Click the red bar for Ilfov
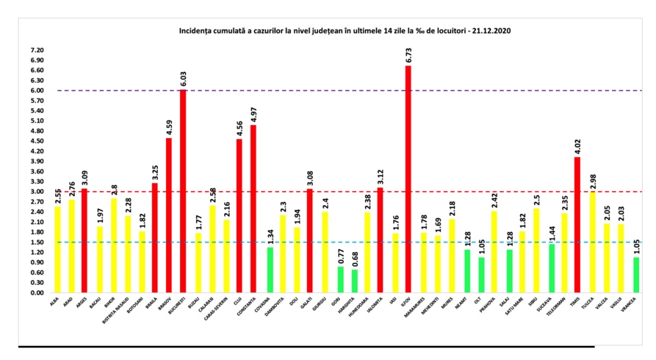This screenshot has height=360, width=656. [x=408, y=179]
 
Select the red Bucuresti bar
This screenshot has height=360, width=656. [x=183, y=191]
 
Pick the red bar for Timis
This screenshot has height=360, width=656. [x=577, y=225]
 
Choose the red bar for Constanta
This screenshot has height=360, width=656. [x=253, y=209]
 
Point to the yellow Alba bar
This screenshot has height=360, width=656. [x=57, y=250]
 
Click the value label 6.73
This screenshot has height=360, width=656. [x=408, y=55]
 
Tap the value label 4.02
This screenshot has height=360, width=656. [x=577, y=146]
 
